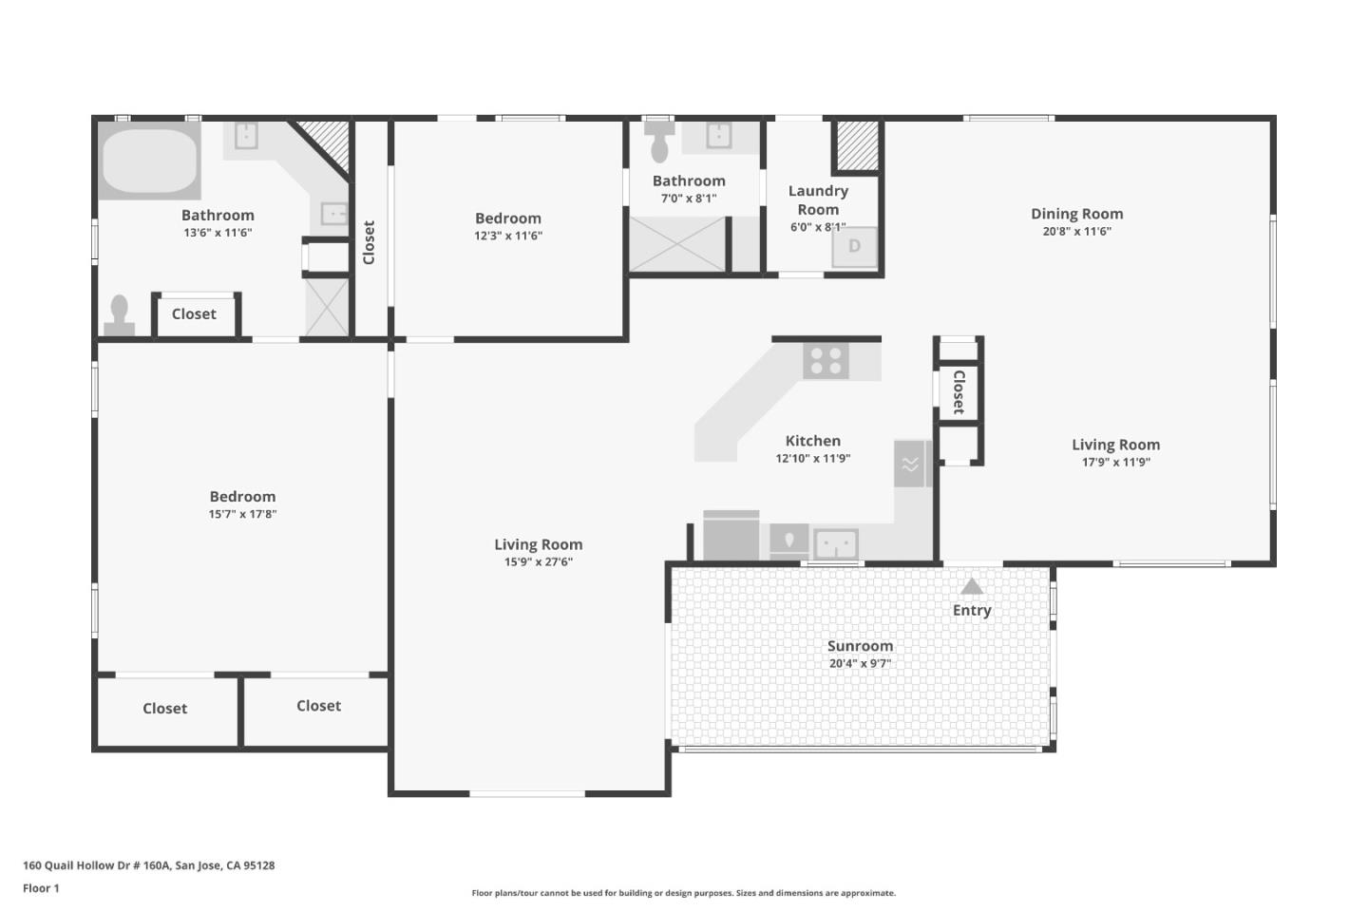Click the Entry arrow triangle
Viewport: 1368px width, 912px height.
click(971, 586)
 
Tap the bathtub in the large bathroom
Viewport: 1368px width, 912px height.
click(149, 161)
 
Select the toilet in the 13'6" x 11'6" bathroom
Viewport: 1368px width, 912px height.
click(119, 315)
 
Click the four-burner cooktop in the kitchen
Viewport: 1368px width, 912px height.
click(825, 361)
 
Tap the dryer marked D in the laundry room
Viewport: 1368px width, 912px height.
click(854, 247)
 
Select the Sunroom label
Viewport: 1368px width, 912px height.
click(860, 646)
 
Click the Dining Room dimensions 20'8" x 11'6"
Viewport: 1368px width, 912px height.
click(1076, 231)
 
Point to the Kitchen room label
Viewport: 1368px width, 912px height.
click(812, 441)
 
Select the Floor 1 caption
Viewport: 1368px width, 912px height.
click(41, 888)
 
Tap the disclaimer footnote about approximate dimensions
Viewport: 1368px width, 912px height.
click(683, 893)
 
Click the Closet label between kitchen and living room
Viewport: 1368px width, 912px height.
click(959, 392)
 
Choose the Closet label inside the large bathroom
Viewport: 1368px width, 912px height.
click(194, 314)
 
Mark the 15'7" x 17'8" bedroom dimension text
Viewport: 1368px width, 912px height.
click(242, 514)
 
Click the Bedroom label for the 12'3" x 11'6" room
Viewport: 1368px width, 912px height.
click(507, 218)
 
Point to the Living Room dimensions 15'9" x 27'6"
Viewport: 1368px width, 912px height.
click(538, 561)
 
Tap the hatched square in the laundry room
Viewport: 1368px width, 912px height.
click(855, 144)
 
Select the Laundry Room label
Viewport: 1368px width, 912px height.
click(818, 200)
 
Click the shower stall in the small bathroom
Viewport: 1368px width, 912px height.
click(677, 244)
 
